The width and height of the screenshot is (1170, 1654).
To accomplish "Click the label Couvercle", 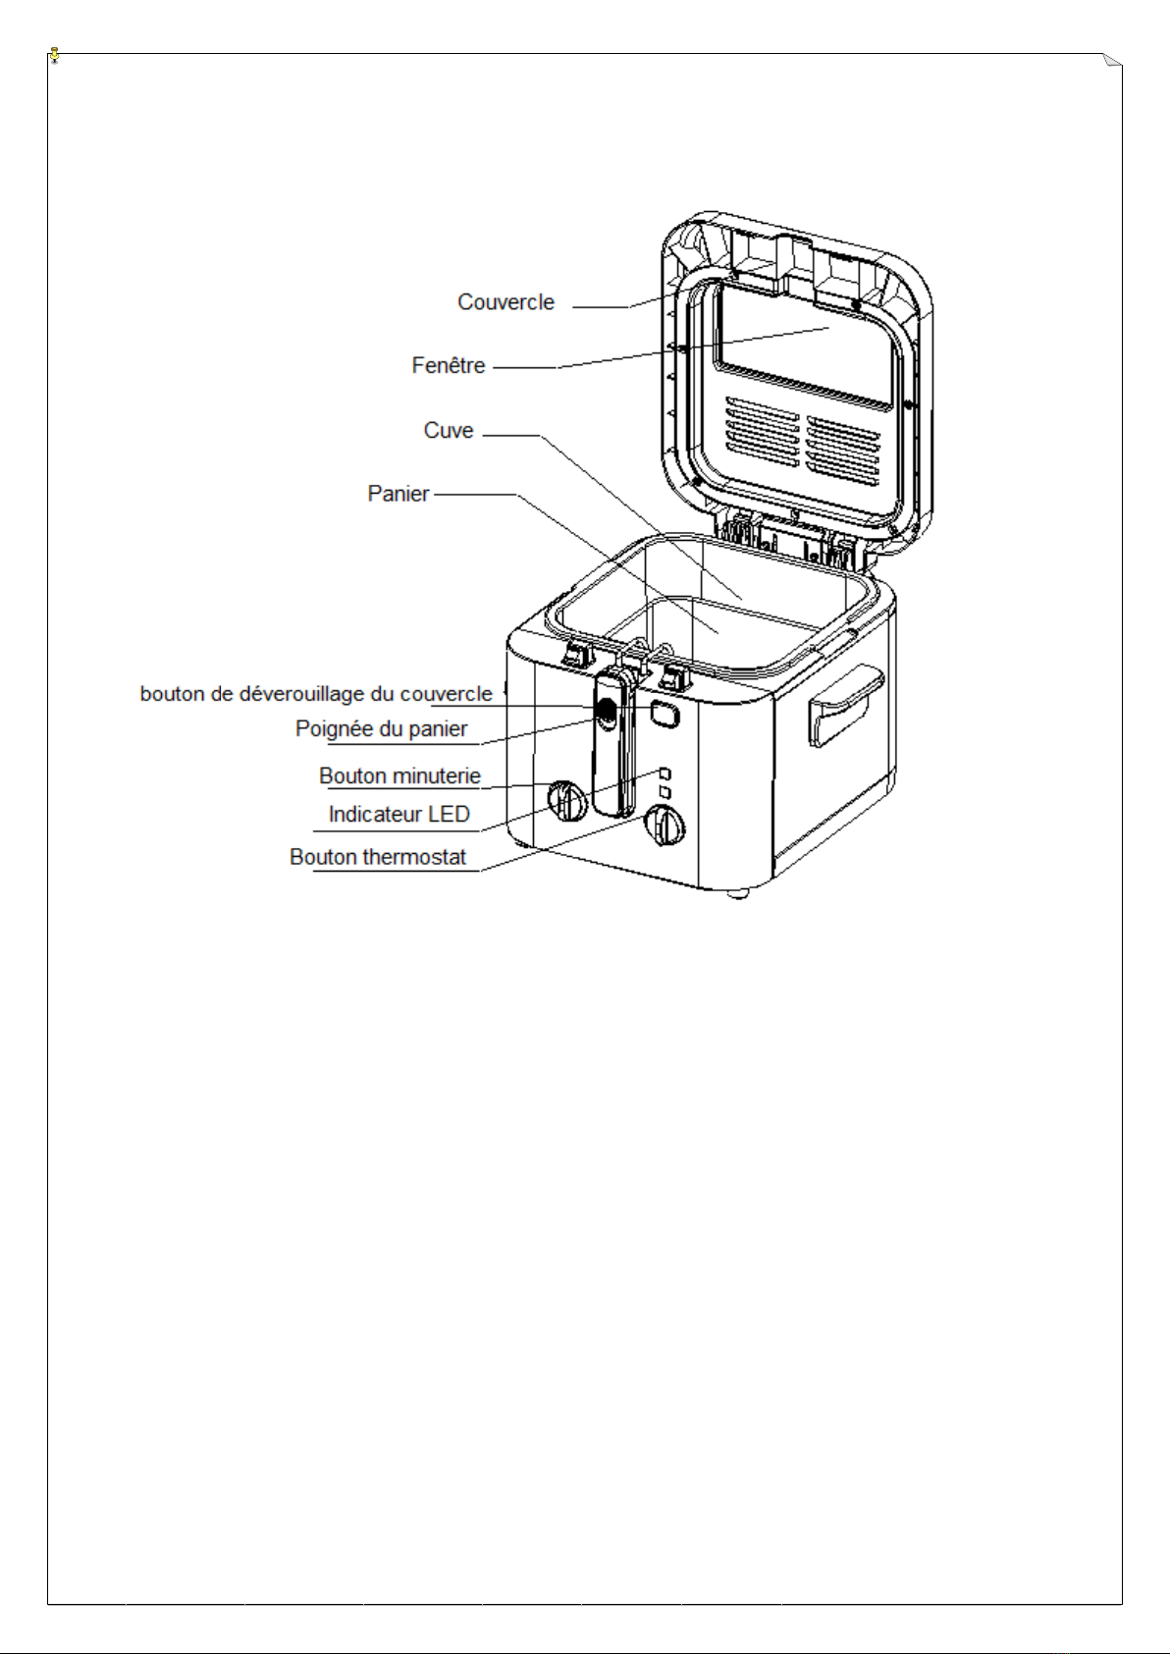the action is click(505, 302).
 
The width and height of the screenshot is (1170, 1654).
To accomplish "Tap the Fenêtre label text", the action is click(448, 365).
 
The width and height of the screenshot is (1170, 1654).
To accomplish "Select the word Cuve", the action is click(448, 430).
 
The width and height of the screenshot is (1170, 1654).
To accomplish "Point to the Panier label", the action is click(398, 493).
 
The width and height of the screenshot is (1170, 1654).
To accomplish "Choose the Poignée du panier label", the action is click(381, 728).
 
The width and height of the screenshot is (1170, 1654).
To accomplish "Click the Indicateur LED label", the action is click(399, 814).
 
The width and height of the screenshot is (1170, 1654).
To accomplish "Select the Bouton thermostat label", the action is click(377, 857).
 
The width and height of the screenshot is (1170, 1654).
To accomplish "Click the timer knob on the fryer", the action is click(567, 801).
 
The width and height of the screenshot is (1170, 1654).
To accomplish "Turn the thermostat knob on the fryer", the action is click(665, 826).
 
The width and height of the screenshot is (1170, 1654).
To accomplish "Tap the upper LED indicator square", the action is click(665, 774).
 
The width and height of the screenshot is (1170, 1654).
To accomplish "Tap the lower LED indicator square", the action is click(665, 792).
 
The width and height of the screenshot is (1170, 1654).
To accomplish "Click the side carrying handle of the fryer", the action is click(846, 705).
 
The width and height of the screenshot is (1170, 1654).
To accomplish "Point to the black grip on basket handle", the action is click(606, 712).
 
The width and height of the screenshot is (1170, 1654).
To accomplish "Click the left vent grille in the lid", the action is click(763, 433).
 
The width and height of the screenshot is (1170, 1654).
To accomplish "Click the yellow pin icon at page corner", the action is click(55, 55).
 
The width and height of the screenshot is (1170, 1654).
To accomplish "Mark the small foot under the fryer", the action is click(737, 894).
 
